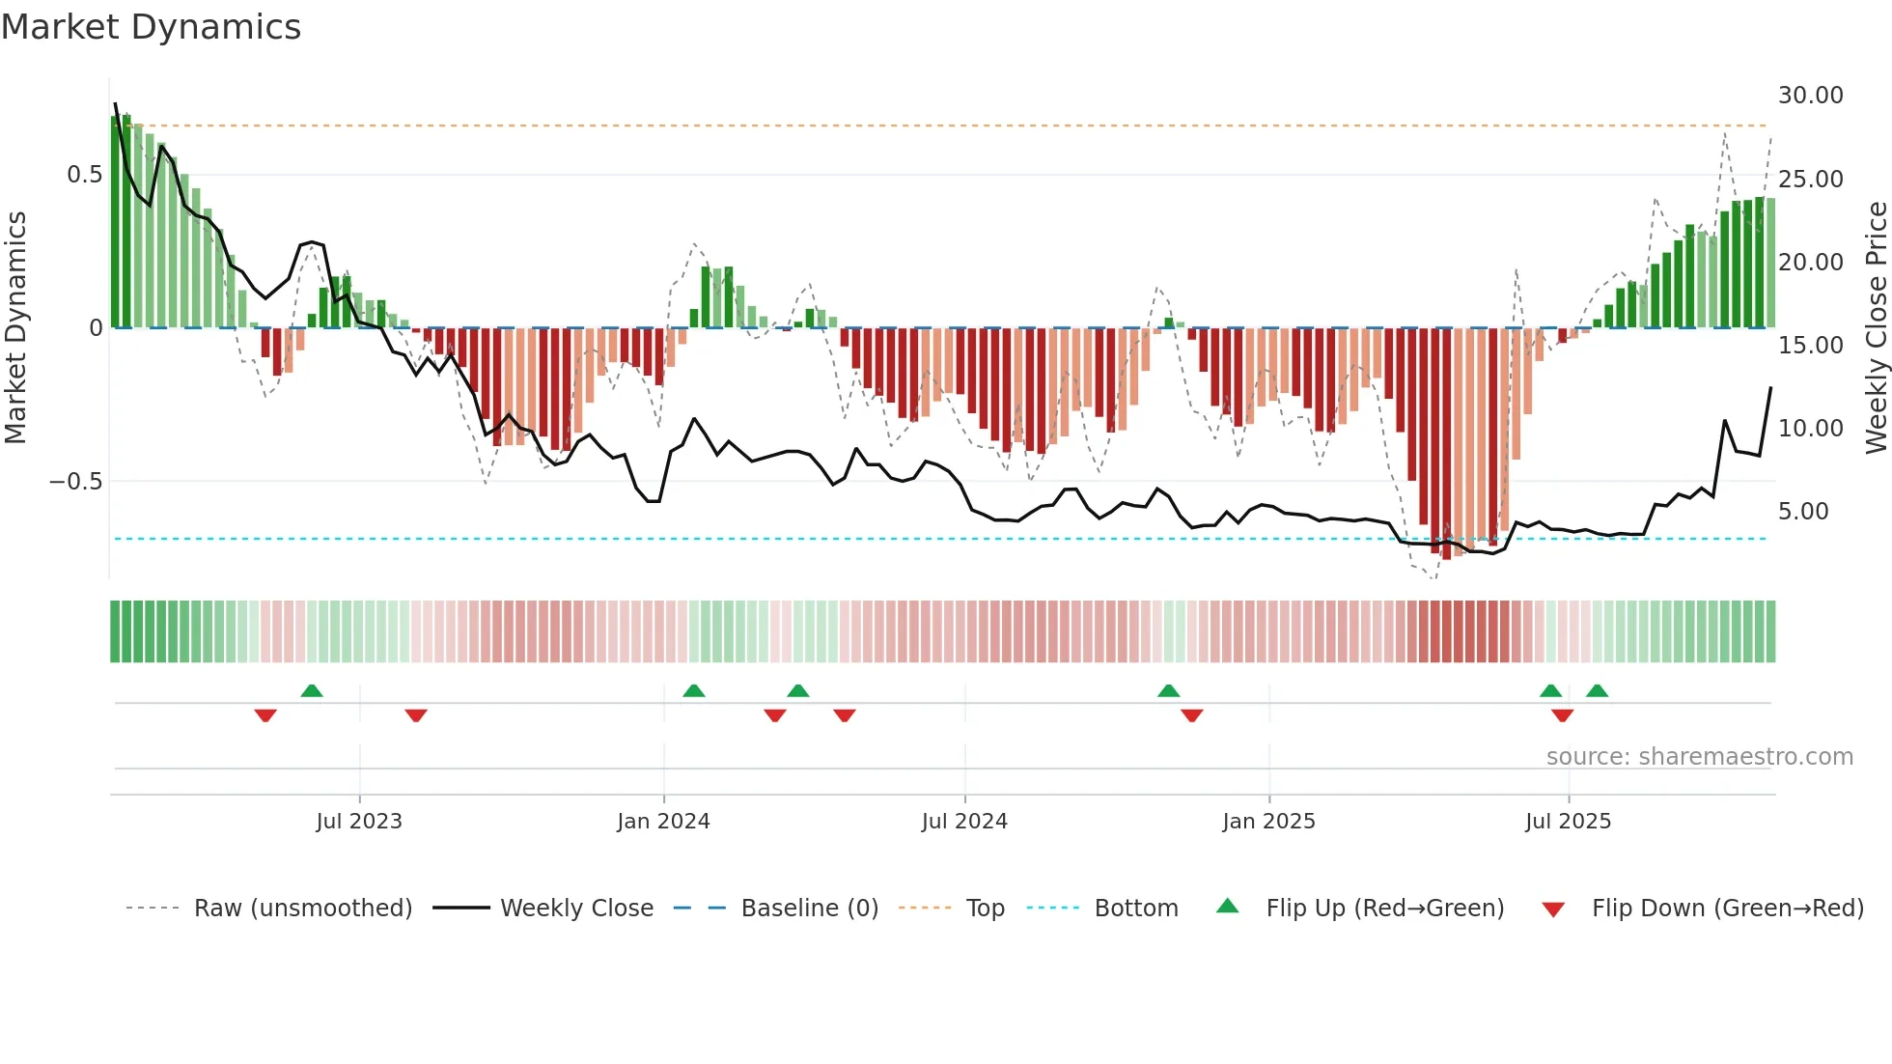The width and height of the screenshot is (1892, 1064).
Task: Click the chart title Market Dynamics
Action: (151, 27)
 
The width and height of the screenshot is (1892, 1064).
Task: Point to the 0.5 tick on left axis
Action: (84, 175)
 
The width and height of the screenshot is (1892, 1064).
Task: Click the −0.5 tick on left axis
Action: (75, 481)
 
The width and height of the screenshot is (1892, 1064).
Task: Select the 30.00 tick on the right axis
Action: (1810, 96)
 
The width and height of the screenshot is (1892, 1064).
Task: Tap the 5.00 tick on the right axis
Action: (1802, 512)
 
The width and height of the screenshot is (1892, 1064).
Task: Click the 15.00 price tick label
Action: (1810, 345)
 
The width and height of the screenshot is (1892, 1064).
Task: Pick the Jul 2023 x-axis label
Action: (359, 822)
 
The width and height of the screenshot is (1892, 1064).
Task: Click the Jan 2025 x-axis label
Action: (1268, 822)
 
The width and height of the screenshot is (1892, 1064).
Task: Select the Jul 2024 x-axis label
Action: (964, 822)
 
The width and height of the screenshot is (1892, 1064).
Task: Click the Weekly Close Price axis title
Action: (1876, 328)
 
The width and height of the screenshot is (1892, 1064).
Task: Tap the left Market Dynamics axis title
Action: (16, 328)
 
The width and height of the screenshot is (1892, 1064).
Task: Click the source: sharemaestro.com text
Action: (1699, 757)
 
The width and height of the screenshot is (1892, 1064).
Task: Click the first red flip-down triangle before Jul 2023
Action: (265, 715)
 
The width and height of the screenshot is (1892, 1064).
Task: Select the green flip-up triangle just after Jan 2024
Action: (693, 690)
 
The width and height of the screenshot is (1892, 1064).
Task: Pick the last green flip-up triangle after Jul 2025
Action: (1597, 690)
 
